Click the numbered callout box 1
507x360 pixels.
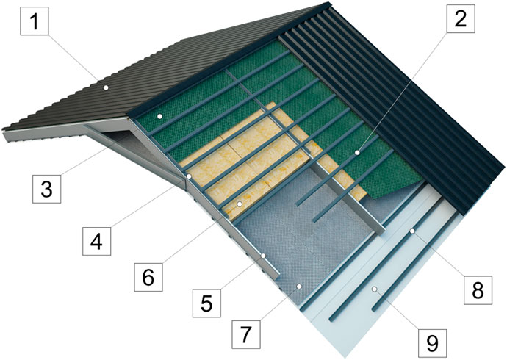click(x=35, y=21)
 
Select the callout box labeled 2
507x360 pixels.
click(x=461, y=19)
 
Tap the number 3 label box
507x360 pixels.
click(x=46, y=189)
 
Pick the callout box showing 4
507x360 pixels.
click(x=96, y=241)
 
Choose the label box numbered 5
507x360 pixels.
click(x=207, y=303)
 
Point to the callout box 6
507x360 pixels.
click(x=148, y=277)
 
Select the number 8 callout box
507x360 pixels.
click(x=478, y=290)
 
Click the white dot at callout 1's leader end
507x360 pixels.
click(x=105, y=87)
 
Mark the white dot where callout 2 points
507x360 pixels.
click(x=357, y=152)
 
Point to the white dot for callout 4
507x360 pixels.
click(x=189, y=176)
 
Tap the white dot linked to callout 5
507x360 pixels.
click(x=264, y=256)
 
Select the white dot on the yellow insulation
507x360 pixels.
click(x=240, y=204)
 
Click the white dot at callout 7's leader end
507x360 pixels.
click(x=299, y=286)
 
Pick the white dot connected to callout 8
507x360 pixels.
click(x=412, y=231)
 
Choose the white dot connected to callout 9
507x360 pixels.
click(x=374, y=289)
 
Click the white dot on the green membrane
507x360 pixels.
click(x=159, y=116)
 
